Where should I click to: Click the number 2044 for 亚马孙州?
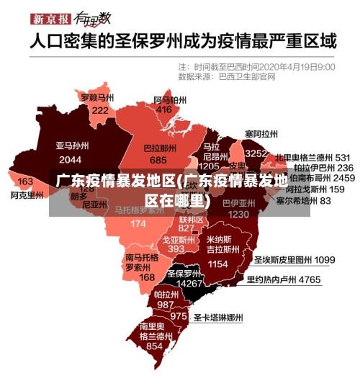70,159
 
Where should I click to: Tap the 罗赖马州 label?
97,97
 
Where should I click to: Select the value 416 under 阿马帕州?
164,109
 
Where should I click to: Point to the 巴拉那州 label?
158,148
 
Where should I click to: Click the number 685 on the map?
158,160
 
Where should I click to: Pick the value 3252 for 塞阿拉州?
256,153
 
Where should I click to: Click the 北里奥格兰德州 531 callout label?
312,156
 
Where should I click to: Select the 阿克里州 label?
27,194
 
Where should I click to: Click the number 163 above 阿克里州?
25,181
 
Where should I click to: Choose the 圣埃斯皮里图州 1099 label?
294,259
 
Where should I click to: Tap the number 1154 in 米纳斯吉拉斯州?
217,264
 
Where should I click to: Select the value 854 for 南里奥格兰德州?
154,346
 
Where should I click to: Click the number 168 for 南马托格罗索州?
146,277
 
